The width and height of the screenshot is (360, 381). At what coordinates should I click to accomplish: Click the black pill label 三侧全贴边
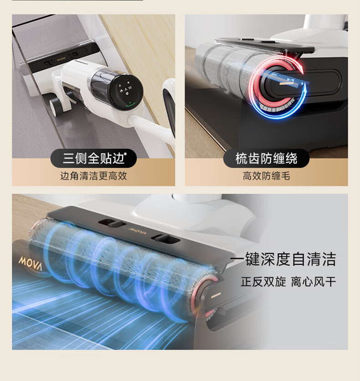tap(93, 159)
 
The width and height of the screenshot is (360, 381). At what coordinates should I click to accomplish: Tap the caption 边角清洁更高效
tap(93, 176)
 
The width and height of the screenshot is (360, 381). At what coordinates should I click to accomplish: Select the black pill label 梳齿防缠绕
tap(266, 159)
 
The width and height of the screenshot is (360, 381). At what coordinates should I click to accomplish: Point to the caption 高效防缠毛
tap(266, 176)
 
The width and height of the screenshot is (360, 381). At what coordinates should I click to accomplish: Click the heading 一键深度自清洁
tap(283, 259)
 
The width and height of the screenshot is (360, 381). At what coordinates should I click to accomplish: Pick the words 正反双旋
tap(263, 282)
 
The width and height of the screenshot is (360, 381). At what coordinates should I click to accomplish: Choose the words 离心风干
tap(314, 282)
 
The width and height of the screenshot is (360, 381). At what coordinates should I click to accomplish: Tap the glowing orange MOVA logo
tap(31, 263)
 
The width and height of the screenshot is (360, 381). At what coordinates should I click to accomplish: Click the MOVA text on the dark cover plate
tap(138, 231)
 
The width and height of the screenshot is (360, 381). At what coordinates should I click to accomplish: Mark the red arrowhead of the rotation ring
tap(300, 69)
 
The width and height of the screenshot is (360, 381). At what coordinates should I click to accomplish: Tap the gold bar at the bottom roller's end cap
tap(216, 295)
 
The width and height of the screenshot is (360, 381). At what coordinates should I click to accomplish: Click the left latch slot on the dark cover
tap(112, 223)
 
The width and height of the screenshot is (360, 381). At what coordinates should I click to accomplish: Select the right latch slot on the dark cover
tap(166, 238)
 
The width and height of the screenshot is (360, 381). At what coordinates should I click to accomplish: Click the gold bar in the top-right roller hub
tap(287, 83)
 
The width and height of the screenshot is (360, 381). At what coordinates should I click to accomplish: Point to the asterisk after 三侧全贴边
tap(125, 154)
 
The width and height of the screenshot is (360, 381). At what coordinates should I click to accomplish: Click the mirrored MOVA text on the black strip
tap(61, 59)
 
